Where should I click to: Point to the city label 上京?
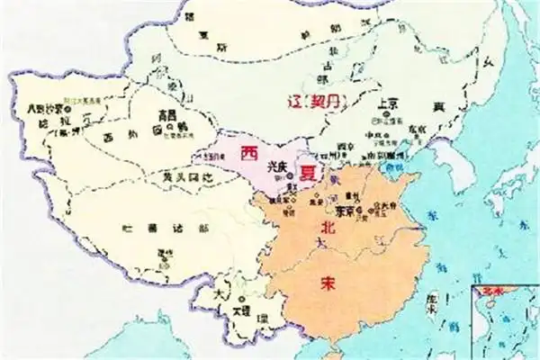point(388,103)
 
